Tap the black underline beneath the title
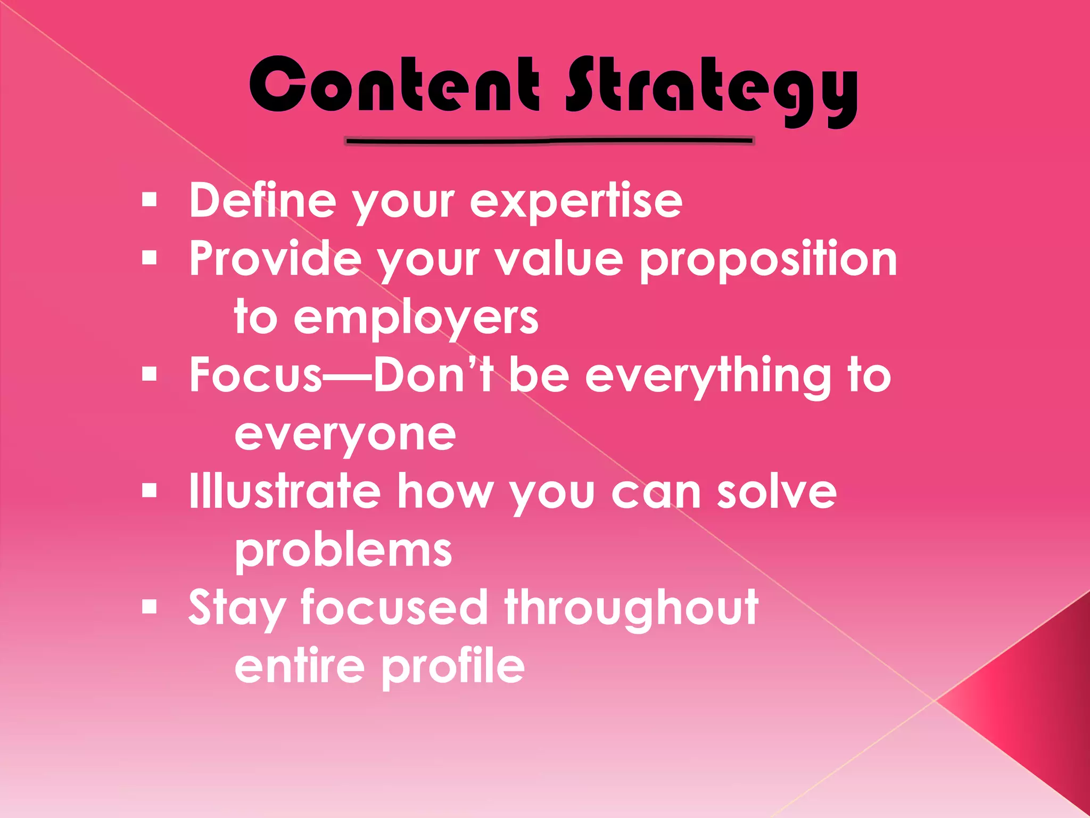click(549, 141)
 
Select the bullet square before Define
click(150, 200)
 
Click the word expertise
click(576, 201)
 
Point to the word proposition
click(768, 260)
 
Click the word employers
click(416, 318)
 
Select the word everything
click(707, 377)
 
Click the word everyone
click(345, 436)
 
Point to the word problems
click(343, 551)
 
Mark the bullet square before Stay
click(150, 607)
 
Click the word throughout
click(631, 608)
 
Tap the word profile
click(453, 667)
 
